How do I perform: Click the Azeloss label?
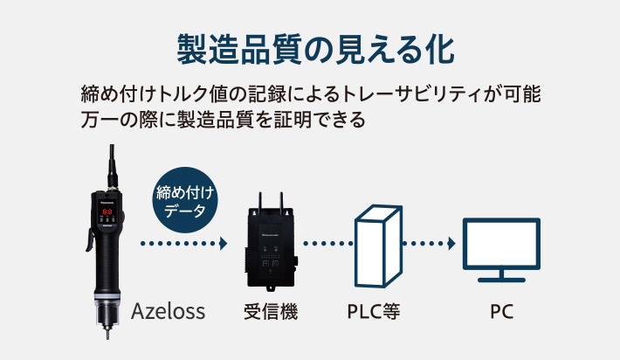tap(169, 310)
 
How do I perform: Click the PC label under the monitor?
tap(501, 310)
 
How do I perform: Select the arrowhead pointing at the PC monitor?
tap(453, 243)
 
